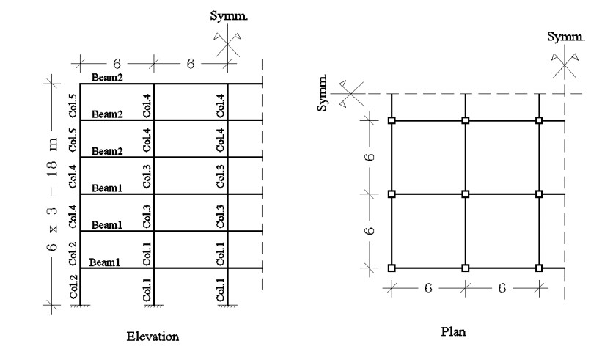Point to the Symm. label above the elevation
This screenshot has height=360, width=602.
click(229, 16)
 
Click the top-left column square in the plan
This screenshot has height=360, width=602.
click(392, 120)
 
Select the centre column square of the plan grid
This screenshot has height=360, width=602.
click(466, 194)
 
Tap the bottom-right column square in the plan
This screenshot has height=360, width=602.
click(539, 268)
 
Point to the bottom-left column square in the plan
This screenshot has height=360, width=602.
click(392, 268)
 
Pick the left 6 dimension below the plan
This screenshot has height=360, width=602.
click(428, 288)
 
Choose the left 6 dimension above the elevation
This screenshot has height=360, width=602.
click(116, 64)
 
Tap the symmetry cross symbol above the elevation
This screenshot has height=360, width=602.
click(228, 45)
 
